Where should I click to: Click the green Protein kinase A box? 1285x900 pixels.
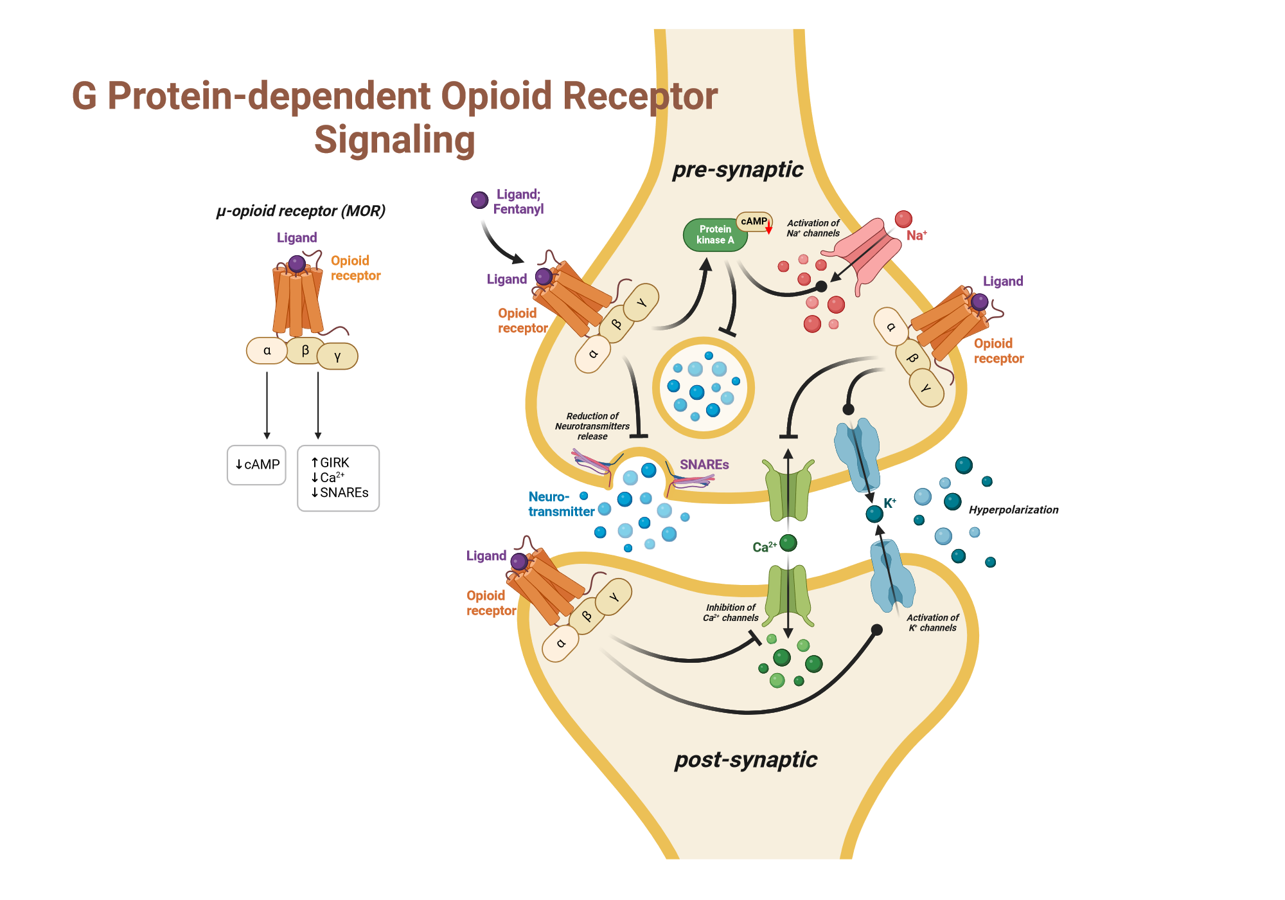click(714, 235)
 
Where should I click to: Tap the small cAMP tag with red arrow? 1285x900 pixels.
click(754, 221)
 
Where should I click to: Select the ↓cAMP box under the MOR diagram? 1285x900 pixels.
click(256, 465)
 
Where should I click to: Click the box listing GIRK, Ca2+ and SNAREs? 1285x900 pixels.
click(339, 478)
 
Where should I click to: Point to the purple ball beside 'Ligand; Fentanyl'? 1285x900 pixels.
click(479, 200)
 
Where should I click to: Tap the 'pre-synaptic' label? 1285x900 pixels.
click(737, 169)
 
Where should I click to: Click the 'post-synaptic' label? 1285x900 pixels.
click(745, 759)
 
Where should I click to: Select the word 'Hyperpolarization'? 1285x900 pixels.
click(1013, 510)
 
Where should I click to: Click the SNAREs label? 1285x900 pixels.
click(704, 464)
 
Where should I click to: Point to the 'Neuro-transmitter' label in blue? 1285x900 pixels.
click(560, 504)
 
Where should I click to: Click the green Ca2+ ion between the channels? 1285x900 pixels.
click(788, 543)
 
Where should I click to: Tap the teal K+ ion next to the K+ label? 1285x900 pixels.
click(874, 514)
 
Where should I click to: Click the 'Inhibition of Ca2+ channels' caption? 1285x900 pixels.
click(731, 613)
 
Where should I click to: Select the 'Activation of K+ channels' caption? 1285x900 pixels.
click(932, 622)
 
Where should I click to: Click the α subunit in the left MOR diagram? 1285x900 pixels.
click(267, 351)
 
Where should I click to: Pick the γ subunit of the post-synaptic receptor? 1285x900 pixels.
click(613, 597)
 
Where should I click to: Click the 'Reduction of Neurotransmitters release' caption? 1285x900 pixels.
click(592, 426)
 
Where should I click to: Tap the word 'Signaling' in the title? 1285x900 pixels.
click(394, 140)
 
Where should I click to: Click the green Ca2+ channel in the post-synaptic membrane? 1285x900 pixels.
click(789, 595)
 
